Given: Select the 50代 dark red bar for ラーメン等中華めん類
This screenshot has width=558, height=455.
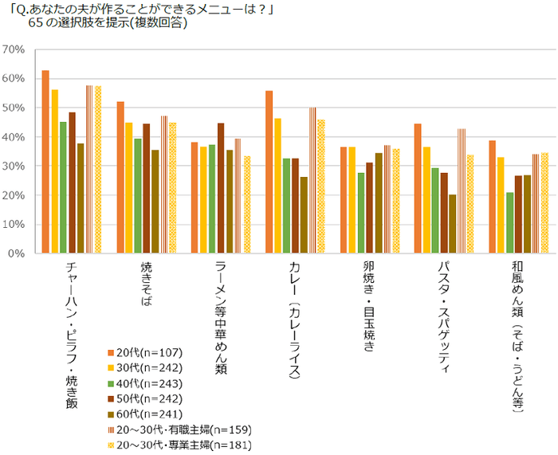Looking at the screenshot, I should coord(221,188).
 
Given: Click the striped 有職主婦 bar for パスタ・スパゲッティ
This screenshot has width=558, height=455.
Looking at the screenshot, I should coord(461,191).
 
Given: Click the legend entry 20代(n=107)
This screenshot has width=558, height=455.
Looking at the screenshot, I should coord(145,352).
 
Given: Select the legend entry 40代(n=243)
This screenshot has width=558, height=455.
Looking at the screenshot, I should coord(145,383).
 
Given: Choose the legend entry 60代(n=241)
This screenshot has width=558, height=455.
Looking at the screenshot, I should coord(145,414).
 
